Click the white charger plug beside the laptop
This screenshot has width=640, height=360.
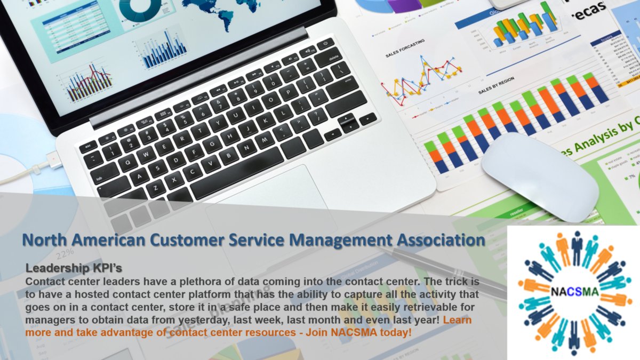click(53, 160)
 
